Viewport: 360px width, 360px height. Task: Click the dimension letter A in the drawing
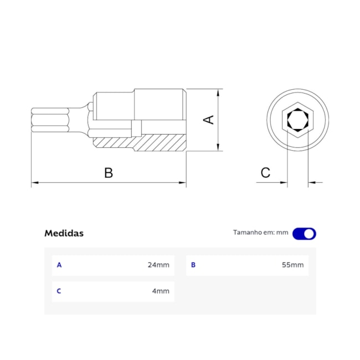pos(209,119)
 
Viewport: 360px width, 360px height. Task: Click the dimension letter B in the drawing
pos(109,173)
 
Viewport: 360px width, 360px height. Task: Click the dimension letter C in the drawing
pos(265,173)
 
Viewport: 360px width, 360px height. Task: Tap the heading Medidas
pos(64,233)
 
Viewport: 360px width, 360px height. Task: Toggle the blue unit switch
pos(304,233)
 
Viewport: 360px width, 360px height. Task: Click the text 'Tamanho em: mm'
pos(260,233)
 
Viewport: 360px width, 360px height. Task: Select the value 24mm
pos(158,265)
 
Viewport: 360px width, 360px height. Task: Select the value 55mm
pos(292,265)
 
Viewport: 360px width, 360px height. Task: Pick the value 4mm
pos(161,291)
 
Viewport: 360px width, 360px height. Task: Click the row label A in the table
pos(59,265)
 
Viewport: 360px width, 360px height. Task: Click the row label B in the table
pos(193,265)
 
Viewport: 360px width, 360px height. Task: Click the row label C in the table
pos(59,291)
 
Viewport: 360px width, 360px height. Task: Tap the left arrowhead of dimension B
pos(34,182)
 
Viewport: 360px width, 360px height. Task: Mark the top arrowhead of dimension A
pos(220,92)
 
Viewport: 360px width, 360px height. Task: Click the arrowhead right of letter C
pos(284,182)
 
